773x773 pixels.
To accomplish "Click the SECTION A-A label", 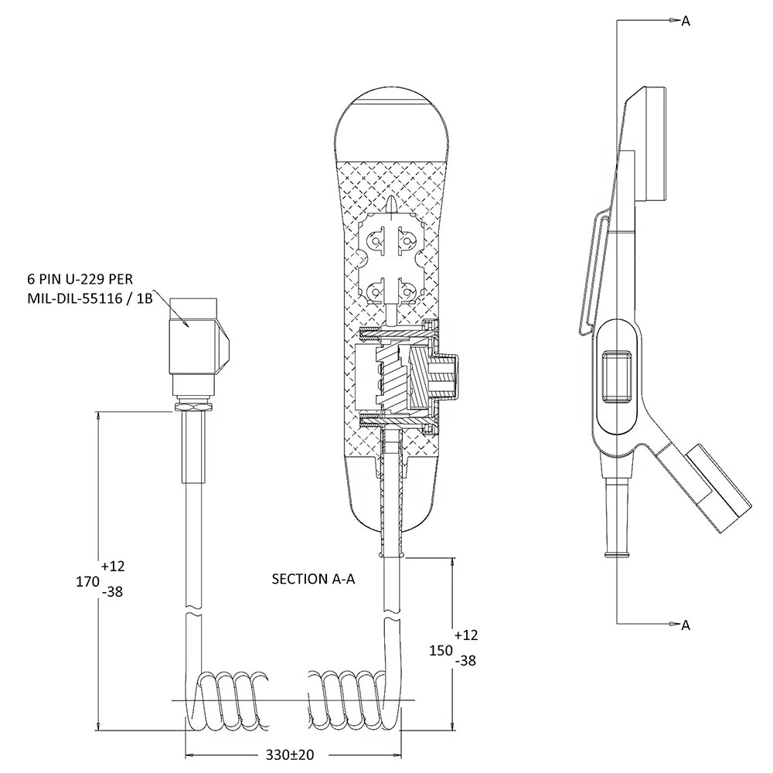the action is click(313, 579).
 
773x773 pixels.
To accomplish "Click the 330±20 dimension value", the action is click(290, 754).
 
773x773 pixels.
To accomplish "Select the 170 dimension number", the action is click(88, 582).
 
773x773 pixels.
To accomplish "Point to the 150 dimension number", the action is click(441, 651).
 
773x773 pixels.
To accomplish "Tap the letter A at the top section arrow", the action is click(686, 21).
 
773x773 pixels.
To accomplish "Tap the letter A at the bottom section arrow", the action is click(686, 625).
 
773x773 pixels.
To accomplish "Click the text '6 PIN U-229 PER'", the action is click(80, 279).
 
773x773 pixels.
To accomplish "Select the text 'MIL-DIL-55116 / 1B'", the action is click(90, 298).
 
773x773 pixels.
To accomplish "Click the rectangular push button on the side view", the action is click(617, 376).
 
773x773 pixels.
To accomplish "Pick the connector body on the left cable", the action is click(197, 345).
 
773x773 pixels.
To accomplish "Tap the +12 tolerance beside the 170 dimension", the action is click(114, 566).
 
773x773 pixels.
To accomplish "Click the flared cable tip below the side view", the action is click(617, 554).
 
